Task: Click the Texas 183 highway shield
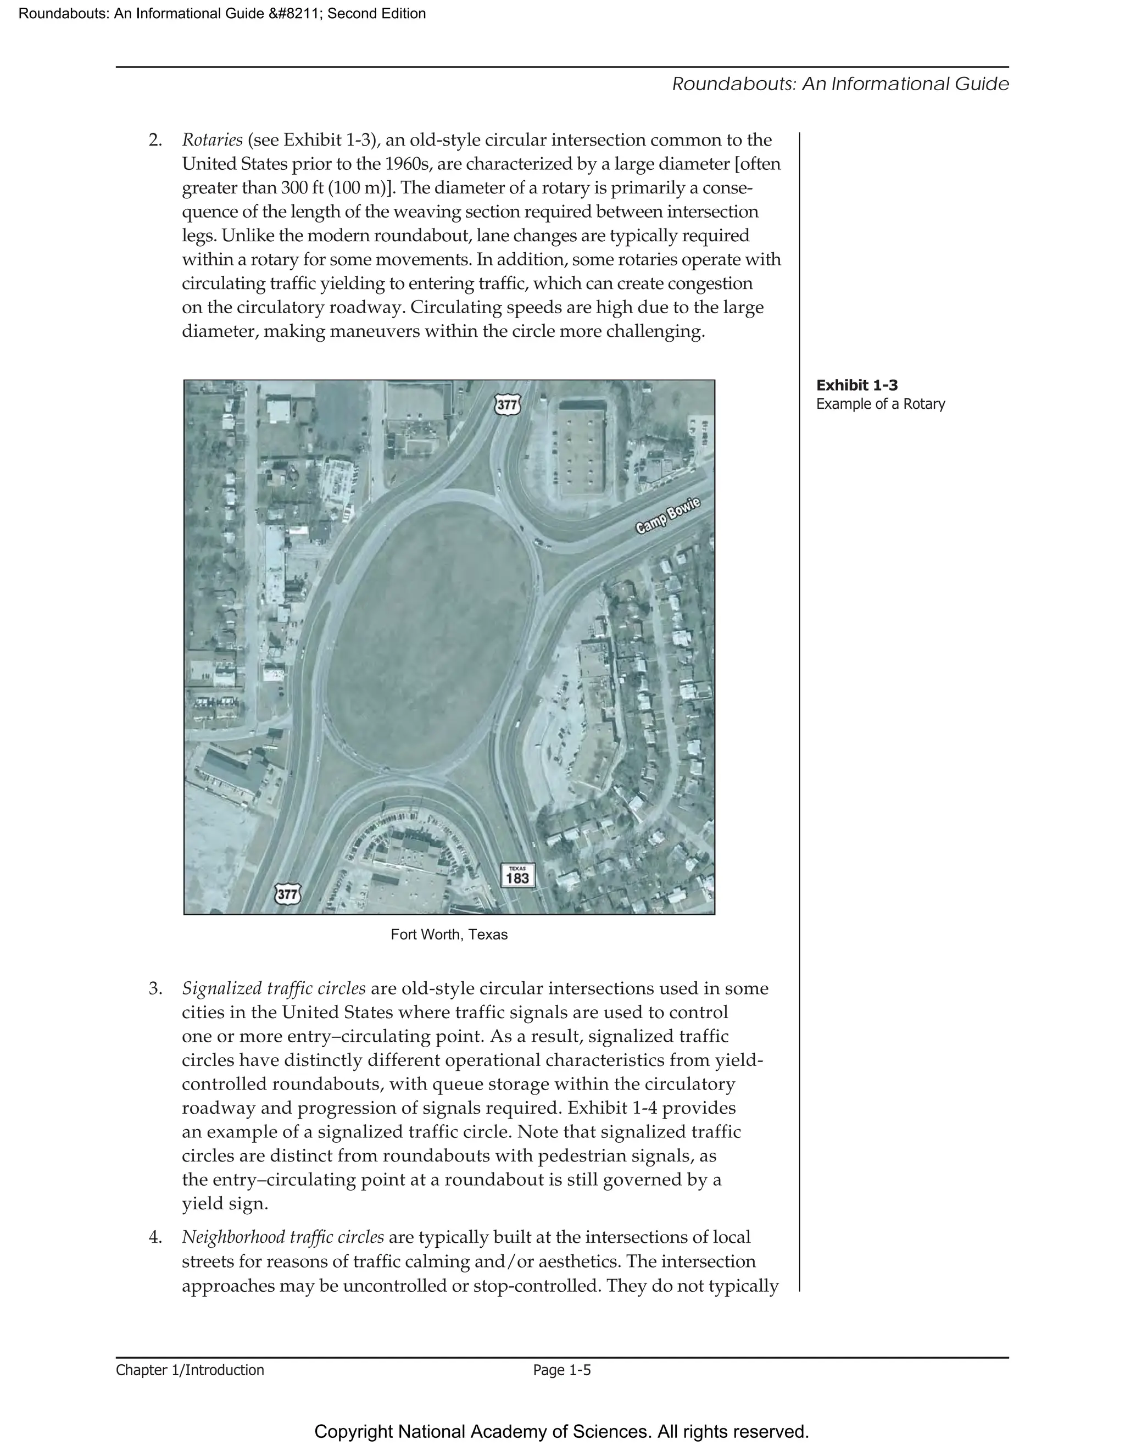[517, 875]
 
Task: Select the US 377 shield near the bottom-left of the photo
[288, 894]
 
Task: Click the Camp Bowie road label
[668, 515]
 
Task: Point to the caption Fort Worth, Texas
[449, 935]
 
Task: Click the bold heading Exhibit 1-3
[856, 385]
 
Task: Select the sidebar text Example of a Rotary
[881, 404]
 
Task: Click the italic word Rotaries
[212, 140]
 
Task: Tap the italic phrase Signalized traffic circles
[273, 988]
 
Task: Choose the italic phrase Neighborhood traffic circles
[282, 1237]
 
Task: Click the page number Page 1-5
[561, 1370]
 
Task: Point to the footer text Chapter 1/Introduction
[190, 1370]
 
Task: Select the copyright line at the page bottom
[561, 1431]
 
